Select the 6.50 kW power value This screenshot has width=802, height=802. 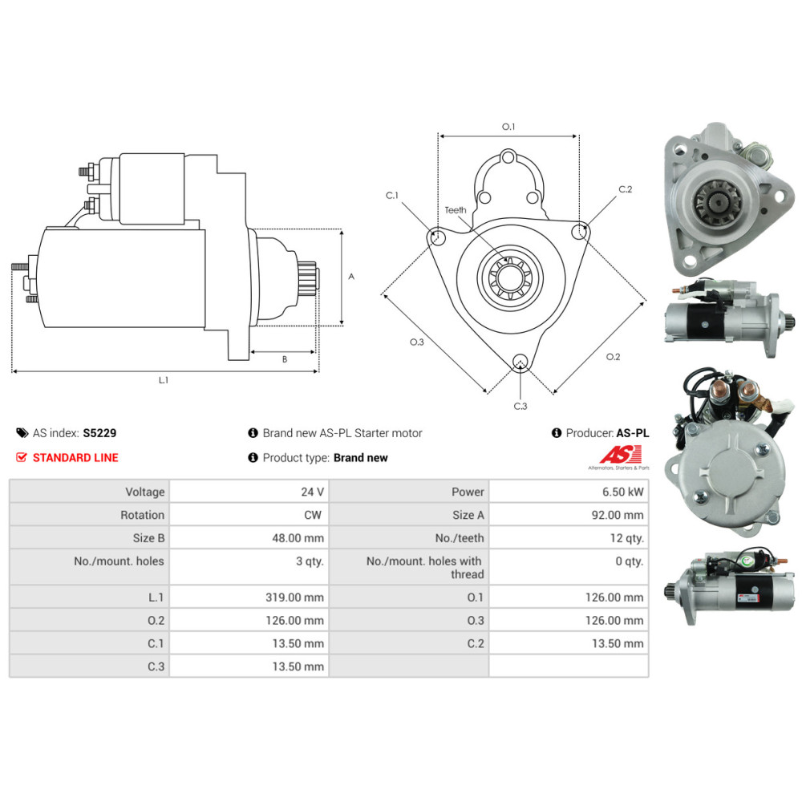coord(622,492)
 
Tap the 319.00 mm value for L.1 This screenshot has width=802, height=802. coord(294,597)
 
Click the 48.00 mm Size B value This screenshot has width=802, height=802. coord(298,538)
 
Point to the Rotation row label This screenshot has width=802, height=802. coord(142,515)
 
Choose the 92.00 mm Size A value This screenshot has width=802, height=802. coord(618,515)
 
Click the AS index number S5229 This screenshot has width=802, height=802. coord(99,433)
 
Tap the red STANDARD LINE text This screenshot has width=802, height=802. coord(75,457)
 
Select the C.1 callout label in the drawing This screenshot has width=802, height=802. coord(392,195)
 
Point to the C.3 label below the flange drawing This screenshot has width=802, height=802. coord(520,406)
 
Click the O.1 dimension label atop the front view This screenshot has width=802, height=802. coord(508,127)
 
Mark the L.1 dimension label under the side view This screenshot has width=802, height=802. coord(163,379)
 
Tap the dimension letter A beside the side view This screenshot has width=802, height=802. coord(351,276)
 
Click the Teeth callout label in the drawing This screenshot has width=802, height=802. coord(456,209)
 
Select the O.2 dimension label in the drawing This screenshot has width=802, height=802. coord(613,357)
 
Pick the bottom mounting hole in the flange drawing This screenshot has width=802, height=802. coord(520,361)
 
